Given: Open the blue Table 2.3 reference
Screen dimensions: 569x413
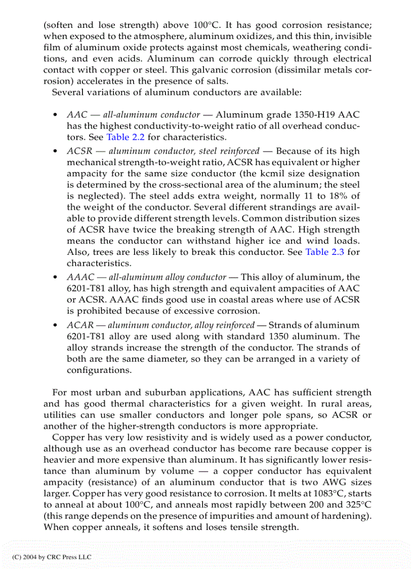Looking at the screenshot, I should (x=324, y=252).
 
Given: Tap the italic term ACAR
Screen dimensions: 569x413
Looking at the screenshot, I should (x=78, y=325).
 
